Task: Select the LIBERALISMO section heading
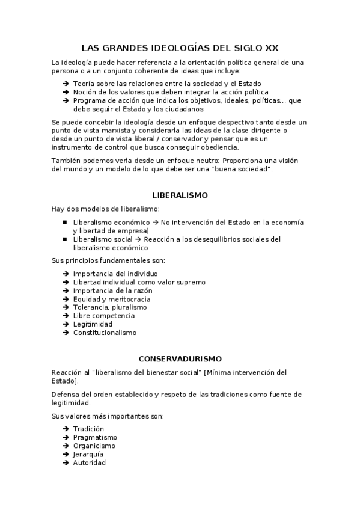[180, 195]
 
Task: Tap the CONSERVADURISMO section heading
[180, 358]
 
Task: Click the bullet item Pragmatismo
[95, 437]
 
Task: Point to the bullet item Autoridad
[90, 462]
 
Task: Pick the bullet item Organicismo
[94, 446]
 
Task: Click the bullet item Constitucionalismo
[105, 332]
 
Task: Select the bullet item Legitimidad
[93, 324]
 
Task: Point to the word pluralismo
[128, 307]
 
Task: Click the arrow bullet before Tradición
[65, 429]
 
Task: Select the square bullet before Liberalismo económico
[65, 222]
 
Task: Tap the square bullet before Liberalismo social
[65, 239]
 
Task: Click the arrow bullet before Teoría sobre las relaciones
[65, 84]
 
